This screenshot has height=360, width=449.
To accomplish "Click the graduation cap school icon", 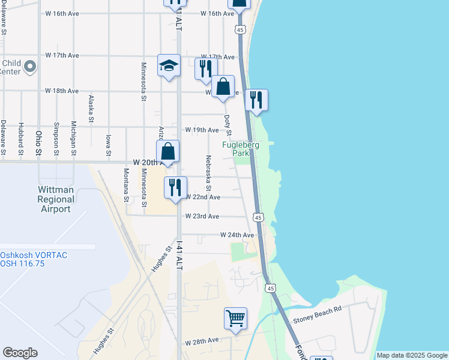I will (x=169, y=65).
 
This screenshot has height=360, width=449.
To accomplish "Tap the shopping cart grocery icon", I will (x=235, y=319).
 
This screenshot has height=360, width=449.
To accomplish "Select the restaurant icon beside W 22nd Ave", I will (x=175, y=188).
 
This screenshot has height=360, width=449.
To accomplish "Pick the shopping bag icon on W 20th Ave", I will (x=168, y=152).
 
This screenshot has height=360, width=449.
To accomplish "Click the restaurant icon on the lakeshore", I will (x=256, y=101).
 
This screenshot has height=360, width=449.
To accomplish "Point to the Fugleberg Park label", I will (x=241, y=149).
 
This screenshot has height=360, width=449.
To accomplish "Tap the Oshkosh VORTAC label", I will (x=34, y=259).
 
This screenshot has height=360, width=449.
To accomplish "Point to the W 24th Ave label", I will (x=237, y=235).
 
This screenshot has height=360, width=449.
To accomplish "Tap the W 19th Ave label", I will (x=202, y=130).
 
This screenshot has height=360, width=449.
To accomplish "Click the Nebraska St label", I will (x=208, y=171).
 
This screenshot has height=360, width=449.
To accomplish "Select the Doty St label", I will (x=228, y=126).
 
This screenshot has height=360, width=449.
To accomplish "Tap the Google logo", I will (x=20, y=353).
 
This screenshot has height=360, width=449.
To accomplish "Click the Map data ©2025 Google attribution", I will (x=412, y=355).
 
